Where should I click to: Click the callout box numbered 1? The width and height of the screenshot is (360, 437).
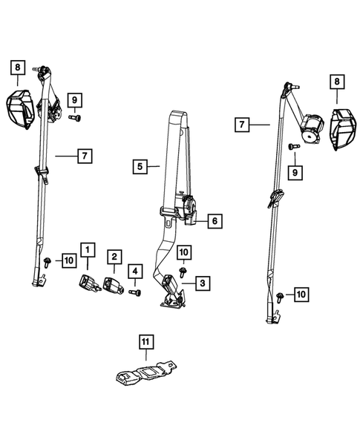coord(88,250)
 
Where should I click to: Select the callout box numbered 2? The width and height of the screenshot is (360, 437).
coord(114,257)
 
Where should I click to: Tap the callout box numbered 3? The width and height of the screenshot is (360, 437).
coord(203,283)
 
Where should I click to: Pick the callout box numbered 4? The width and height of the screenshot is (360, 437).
coord(135,271)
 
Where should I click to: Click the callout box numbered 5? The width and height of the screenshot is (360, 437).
coord(140,167)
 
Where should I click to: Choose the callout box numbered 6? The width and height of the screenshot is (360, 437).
coord(215,221)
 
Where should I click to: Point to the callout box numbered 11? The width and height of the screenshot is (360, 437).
coord(145,342)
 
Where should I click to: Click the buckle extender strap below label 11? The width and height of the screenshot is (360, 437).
coord(146,373)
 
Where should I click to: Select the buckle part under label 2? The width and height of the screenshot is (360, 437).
coord(113,285)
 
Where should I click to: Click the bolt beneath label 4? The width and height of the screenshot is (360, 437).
coord(134,292)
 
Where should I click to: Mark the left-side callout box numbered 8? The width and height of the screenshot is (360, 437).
coord(18,68)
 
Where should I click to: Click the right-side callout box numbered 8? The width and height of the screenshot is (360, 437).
coord(337,82)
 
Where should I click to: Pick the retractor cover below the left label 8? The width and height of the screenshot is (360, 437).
coord(21,109)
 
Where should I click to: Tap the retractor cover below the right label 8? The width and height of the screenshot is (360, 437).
coord(343,129)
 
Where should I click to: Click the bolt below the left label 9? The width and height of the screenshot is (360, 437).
coord(75,118)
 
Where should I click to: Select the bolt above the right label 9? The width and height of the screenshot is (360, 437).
coord(294,146)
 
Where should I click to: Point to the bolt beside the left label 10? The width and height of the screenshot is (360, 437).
coord(47,262)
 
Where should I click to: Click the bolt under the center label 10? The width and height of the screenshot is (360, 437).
coord(183,272)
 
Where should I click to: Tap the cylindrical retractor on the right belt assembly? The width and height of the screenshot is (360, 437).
coord(312,128)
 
